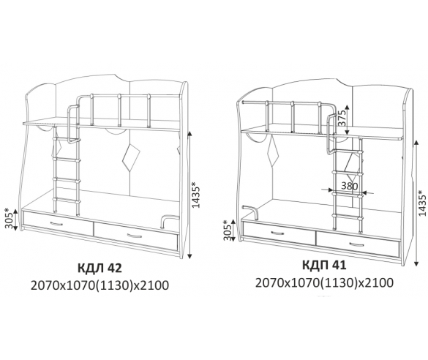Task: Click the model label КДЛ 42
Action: pos(100,269)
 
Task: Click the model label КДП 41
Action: pos(324,265)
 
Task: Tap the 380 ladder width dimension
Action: pos(350,186)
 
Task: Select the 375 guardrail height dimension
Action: pos(342,117)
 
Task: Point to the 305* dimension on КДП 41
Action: pos(229,230)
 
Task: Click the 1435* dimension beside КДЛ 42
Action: pos(196,195)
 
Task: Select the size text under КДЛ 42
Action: pos(100,285)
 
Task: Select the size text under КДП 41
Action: pos(324,282)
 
